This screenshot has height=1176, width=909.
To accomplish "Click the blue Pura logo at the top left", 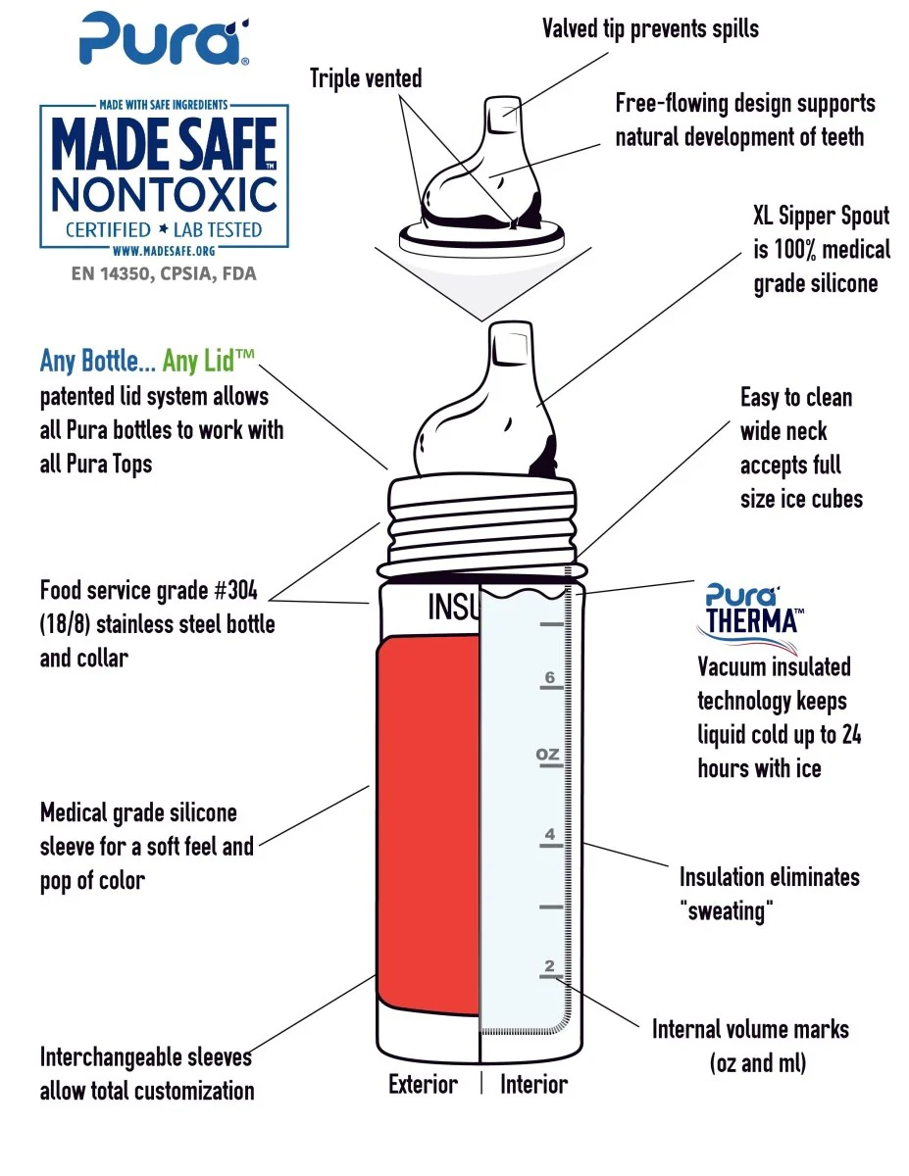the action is (x=165, y=39).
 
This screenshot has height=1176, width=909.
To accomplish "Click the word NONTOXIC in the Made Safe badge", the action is (x=165, y=194).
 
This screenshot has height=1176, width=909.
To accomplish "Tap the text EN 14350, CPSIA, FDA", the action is (x=164, y=273).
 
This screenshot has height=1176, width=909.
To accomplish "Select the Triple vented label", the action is (x=366, y=79).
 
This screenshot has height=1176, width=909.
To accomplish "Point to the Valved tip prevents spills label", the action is (x=650, y=29).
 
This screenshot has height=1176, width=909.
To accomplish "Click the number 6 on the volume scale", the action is (x=550, y=677).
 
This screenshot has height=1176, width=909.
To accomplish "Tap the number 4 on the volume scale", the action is (x=550, y=833).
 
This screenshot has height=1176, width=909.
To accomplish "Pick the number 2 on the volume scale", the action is (x=549, y=965).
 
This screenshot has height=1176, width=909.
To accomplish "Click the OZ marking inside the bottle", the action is (x=547, y=754).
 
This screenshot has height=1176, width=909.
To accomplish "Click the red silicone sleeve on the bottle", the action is (x=428, y=823).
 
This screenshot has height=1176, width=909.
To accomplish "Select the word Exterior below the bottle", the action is (x=423, y=1085).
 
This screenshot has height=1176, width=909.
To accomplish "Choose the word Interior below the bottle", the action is (x=533, y=1085).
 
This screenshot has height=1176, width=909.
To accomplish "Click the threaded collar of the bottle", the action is (x=481, y=528).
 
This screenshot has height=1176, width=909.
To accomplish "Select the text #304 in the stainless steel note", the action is (x=235, y=590).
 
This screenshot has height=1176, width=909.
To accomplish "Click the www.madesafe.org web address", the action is (x=164, y=251).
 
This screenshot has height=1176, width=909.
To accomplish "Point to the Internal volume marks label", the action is (x=750, y=1029).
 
